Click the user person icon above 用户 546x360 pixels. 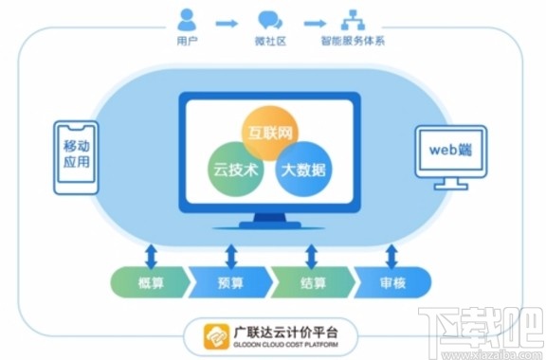click(186, 18)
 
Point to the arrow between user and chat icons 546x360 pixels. click(227, 19)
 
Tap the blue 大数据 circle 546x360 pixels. click(302, 171)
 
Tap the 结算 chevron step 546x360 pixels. click(313, 280)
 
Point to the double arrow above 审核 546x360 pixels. click(391, 254)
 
